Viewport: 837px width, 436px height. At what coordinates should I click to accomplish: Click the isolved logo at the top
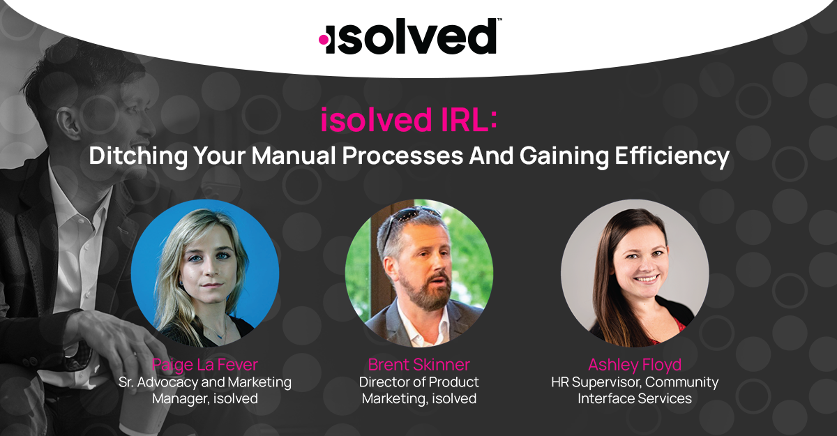pyautogui.click(x=408, y=37)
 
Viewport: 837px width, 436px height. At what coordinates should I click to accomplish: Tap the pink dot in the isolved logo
pyautogui.click(x=324, y=40)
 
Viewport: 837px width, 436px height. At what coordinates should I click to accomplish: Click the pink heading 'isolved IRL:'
pyautogui.click(x=409, y=121)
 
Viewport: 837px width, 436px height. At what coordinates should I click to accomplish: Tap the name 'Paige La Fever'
pyautogui.click(x=204, y=365)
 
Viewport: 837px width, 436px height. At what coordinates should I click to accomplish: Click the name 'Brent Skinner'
pyautogui.click(x=418, y=365)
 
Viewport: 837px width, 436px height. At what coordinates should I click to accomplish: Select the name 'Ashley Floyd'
pyautogui.click(x=634, y=365)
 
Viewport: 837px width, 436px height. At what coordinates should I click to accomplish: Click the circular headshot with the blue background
pyautogui.click(x=205, y=273)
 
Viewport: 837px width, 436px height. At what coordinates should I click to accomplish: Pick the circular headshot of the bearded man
pyautogui.click(x=418, y=273)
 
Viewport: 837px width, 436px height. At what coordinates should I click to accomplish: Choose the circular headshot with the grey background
pyautogui.click(x=635, y=273)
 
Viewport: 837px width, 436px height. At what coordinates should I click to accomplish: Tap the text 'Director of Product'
pyautogui.click(x=418, y=382)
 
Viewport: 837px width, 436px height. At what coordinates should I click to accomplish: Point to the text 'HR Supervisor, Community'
pyautogui.click(x=634, y=382)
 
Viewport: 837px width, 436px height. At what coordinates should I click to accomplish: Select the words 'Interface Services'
pyautogui.click(x=634, y=399)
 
